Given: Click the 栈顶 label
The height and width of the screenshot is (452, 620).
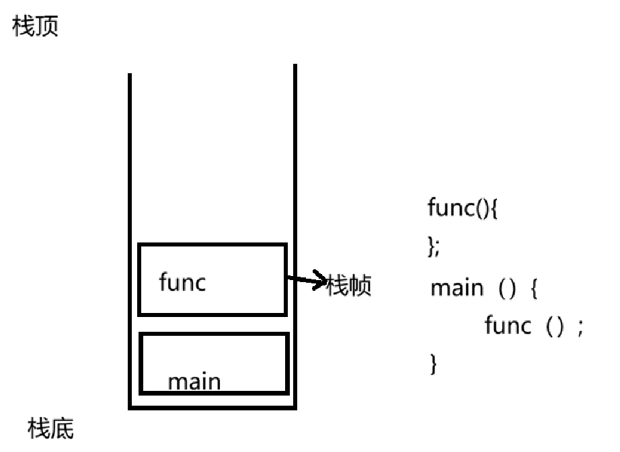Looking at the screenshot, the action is pos(36,26).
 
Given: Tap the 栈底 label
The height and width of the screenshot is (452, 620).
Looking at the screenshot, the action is pos(50,428).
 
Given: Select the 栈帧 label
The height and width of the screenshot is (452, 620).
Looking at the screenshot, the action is pos(349,285).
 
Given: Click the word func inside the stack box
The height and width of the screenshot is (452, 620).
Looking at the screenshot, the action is pos(182,282).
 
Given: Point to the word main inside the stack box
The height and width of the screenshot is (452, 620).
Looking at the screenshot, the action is pos(194,381).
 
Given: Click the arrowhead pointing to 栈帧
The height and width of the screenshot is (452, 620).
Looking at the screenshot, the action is pos(320,280).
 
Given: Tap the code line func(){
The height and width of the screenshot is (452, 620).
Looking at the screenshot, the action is pos(462,208).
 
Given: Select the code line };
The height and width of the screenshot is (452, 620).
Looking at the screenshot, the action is pos(434,246).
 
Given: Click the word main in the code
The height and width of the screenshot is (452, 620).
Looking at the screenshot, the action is pos(457,288).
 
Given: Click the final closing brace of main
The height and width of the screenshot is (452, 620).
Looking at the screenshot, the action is pos(433,363).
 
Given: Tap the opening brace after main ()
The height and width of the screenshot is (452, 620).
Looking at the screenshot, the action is pos(534,288).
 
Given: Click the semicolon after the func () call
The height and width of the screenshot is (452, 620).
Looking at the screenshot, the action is pos(580,328).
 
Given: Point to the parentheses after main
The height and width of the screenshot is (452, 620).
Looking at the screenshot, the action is pos(507,288).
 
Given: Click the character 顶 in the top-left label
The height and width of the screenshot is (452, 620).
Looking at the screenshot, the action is pos(47,26).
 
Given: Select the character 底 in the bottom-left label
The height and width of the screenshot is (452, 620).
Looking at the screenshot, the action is pos(63,428).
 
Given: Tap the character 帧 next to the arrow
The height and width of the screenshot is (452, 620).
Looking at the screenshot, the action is pos(360,285).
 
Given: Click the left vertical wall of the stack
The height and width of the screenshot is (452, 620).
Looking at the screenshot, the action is pos(130,241).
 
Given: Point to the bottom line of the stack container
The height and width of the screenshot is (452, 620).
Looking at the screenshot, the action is pos(212,408).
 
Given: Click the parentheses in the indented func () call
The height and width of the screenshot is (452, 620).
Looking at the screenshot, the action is pos(554,326).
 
